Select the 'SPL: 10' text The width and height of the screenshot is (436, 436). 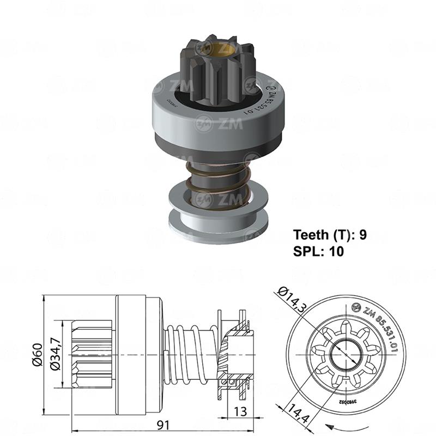319,251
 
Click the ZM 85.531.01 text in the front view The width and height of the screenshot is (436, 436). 379,327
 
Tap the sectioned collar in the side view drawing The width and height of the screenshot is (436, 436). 240,354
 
